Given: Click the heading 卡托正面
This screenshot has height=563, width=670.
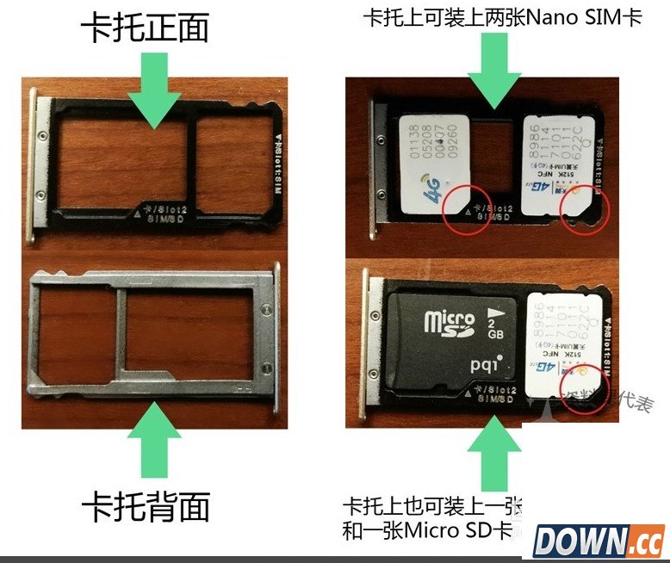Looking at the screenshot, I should (145, 28).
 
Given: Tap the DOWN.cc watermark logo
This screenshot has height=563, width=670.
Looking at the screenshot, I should (599, 541).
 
